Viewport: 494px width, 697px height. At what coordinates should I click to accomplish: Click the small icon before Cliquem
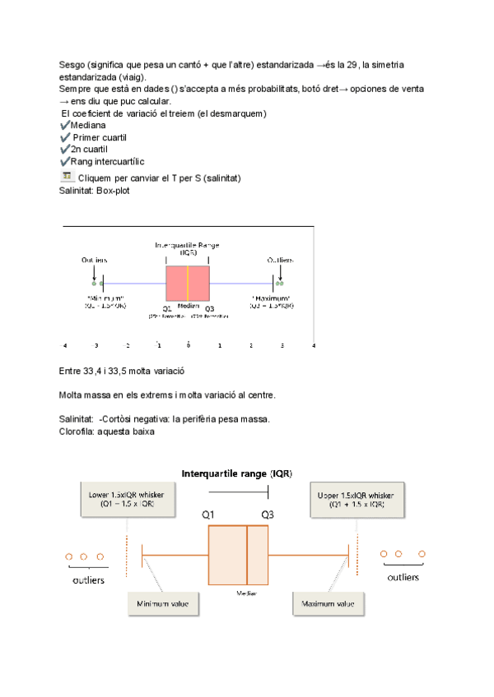click(x=66, y=176)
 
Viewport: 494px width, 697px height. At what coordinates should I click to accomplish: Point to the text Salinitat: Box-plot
click(x=94, y=190)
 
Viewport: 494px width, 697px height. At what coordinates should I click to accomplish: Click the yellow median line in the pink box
click(x=188, y=284)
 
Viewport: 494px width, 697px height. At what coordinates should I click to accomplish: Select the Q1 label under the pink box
click(x=166, y=307)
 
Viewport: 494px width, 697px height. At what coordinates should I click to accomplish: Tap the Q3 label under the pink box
click(x=209, y=307)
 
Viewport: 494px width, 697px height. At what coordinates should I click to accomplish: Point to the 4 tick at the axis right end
click(x=313, y=346)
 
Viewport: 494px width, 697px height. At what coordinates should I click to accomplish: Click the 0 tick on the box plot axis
click(x=189, y=346)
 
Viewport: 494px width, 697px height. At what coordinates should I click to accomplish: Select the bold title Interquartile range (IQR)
click(x=236, y=473)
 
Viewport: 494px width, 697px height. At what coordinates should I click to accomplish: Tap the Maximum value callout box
click(x=328, y=604)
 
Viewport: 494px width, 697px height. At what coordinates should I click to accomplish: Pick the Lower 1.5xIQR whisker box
click(x=127, y=500)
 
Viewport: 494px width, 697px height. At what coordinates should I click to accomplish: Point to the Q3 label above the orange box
click(x=268, y=515)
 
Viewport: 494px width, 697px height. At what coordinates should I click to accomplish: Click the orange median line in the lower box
click(x=247, y=553)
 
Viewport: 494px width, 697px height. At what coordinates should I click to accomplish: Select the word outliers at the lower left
click(x=83, y=579)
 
